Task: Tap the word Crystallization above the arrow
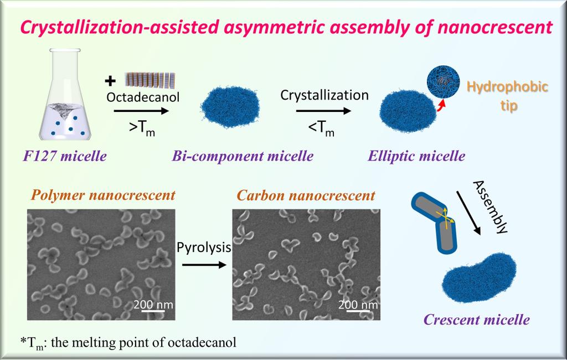324,95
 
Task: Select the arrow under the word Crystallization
324,111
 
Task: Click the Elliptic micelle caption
416,156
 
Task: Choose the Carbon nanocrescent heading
306,196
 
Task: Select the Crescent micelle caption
477,320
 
